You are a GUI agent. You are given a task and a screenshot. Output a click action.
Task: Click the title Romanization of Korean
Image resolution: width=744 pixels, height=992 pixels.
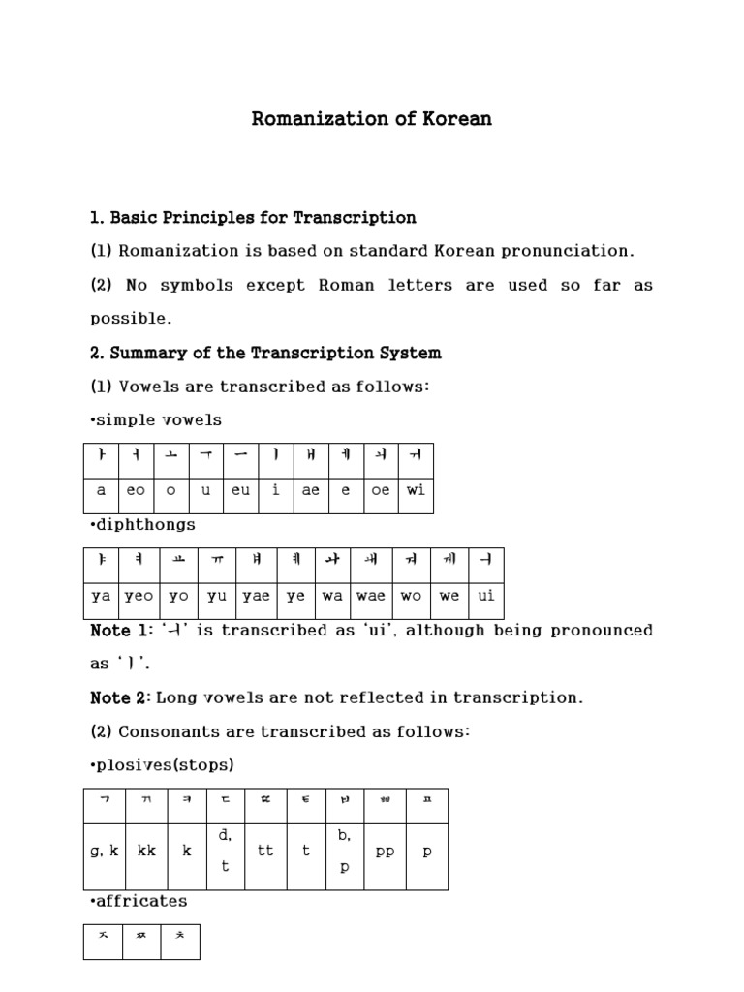[372, 119]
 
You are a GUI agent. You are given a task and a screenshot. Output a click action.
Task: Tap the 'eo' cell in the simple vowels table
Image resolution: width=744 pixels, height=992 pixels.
[136, 490]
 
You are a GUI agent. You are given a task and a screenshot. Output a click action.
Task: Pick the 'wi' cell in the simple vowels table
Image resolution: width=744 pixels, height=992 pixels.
[416, 490]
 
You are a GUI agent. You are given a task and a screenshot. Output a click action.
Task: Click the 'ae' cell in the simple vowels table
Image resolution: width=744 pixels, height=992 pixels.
[310, 490]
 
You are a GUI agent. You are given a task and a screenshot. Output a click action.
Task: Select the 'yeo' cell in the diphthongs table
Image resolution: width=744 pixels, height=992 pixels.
[139, 596]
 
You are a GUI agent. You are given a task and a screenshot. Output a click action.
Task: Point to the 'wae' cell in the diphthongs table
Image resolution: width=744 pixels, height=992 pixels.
[371, 596]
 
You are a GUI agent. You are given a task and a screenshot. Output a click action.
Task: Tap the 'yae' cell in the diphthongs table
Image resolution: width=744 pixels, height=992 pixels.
[257, 596]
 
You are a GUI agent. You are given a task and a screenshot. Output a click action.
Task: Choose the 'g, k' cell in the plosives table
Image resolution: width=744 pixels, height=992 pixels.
[105, 851]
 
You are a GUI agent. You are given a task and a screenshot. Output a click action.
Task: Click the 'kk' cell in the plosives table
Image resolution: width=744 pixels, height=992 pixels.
[146, 851]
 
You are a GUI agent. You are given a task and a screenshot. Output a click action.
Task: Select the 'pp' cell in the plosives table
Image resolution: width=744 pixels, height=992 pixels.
[385, 851]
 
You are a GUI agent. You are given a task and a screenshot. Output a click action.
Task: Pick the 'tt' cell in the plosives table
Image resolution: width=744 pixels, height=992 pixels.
[265, 851]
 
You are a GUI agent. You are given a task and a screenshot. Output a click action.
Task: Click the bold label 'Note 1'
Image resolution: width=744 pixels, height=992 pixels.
[120, 631]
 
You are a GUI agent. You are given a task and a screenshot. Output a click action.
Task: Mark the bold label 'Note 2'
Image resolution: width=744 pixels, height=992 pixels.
[120, 697]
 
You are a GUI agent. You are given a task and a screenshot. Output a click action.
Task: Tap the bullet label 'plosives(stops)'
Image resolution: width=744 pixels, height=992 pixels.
[162, 765]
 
